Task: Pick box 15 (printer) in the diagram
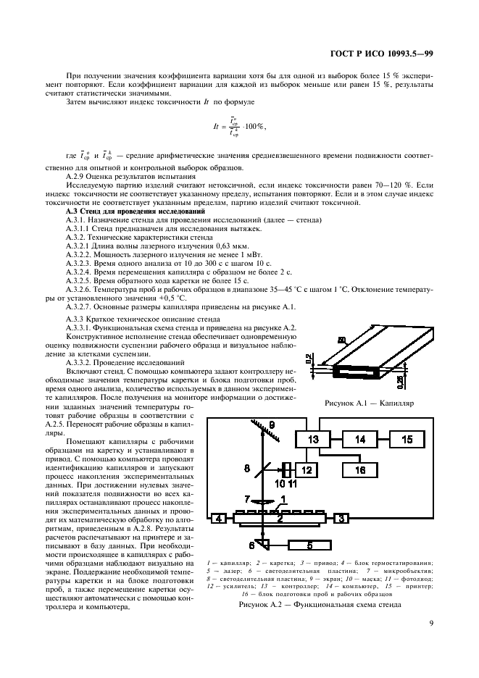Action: pos(407,439)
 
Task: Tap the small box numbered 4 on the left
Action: pos(217,518)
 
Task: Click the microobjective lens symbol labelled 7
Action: pos(260,500)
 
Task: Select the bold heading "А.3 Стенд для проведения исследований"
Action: pos(136,212)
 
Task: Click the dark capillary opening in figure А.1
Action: pos(350,372)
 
